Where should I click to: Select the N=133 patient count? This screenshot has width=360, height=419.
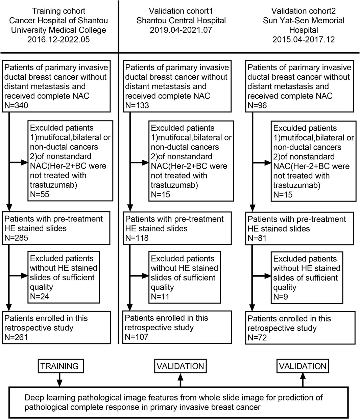point(137,106)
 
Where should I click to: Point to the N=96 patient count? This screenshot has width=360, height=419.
point(257,106)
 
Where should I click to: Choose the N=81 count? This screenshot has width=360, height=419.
point(257,238)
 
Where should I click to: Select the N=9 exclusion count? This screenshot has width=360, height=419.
point(280,297)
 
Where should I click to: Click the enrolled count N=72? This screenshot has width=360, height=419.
point(257,337)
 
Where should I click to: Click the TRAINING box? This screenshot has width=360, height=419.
point(59,366)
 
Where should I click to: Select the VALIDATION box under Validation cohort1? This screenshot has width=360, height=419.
point(180,366)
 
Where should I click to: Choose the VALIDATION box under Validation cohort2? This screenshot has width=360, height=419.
point(302,366)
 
